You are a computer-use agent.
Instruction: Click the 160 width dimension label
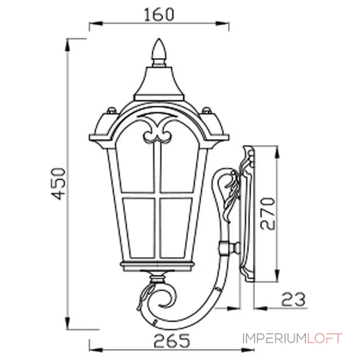click(x=159, y=14)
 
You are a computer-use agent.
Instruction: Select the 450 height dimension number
click(x=58, y=184)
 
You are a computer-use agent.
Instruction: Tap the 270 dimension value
click(x=267, y=214)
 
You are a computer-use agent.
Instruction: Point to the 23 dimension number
click(x=293, y=299)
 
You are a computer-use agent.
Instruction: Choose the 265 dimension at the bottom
click(x=172, y=341)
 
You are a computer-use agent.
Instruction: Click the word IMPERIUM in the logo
click(x=274, y=338)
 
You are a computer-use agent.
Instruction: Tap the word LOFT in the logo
click(x=324, y=338)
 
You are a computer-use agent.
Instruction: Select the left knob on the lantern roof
click(x=112, y=110)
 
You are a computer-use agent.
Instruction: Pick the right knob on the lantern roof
click(x=207, y=110)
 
